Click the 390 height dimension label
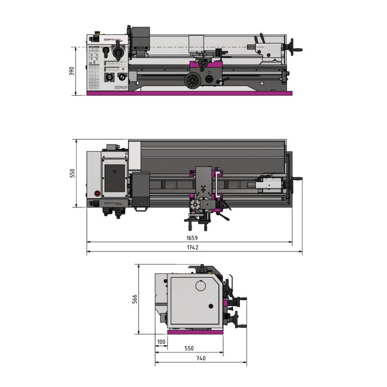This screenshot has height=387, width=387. [x=72, y=71]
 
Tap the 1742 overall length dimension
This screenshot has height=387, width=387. [x=192, y=247]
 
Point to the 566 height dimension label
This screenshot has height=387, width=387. [x=134, y=299]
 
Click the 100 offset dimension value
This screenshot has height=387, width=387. [x=161, y=342]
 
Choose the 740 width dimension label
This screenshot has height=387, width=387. [x=201, y=358]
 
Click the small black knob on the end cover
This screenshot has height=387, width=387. [x=211, y=306]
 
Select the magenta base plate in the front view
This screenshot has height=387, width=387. [x=189, y=93]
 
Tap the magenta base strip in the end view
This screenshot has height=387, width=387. [x=195, y=332]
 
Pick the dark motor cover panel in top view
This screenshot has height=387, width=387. [x=115, y=177]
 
